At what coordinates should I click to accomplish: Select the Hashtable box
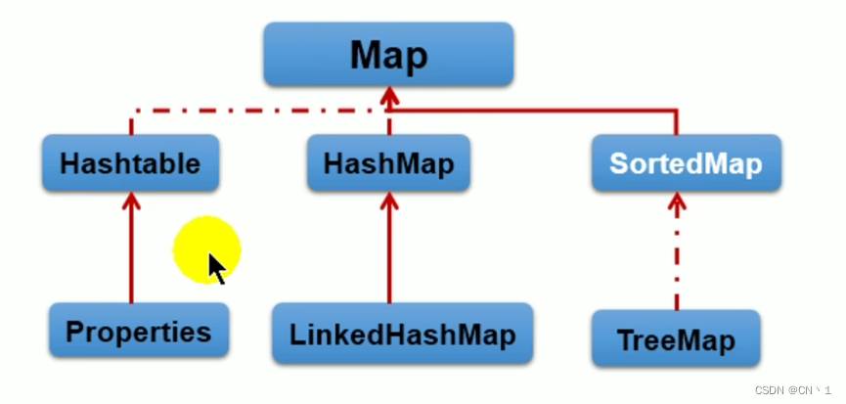coord(129,163)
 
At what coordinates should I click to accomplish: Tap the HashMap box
coord(389,163)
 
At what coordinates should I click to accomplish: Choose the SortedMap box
coord(685,162)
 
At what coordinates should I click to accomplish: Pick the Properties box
coord(138,331)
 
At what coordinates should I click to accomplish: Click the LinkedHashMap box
coord(402,334)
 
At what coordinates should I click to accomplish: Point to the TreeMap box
coord(675,339)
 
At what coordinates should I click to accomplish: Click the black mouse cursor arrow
coord(216,267)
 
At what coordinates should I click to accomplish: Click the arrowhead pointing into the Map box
coord(389,95)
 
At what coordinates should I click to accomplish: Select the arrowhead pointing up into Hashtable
coord(130,201)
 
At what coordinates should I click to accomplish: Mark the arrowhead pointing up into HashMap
coord(389,201)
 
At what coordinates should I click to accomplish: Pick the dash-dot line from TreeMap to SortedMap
coord(676,259)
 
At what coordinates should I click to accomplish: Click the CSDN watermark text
coord(792,389)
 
